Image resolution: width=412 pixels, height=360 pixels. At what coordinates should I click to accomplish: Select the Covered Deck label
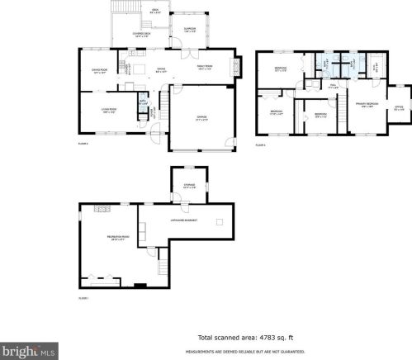(141, 34)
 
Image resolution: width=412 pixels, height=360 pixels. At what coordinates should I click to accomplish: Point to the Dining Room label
(101, 72)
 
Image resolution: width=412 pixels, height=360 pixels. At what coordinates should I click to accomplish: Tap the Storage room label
(188, 187)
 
